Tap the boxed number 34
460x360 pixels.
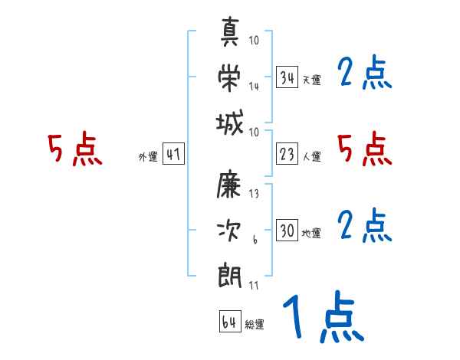287,77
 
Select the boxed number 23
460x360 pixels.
287,155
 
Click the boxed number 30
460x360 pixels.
287,231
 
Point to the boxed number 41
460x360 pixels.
173,155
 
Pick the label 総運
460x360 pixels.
255,325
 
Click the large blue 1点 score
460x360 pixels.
322,319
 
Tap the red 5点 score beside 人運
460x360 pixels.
364,149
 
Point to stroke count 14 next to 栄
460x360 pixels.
254,87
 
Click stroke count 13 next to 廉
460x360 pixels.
254,194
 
